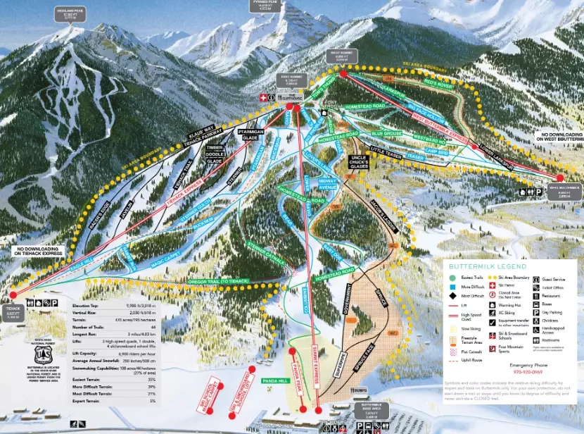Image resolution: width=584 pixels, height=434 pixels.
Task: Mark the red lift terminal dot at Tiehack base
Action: point(13,294)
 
